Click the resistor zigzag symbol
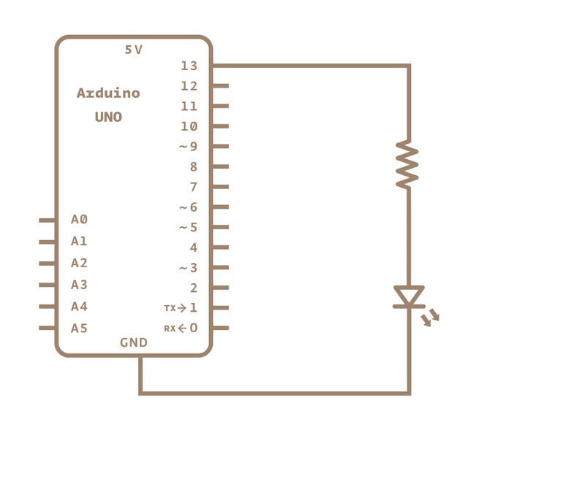tap(407, 165)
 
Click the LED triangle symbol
tap(409, 296)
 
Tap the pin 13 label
tap(189, 66)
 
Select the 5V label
tap(134, 50)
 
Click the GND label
tap(134, 342)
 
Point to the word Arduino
tap(108, 93)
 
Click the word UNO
tap(108, 117)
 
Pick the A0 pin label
tap(79, 219)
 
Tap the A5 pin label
tap(79, 329)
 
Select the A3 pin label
tap(79, 285)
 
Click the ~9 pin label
tap(188, 147)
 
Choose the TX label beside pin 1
tap(170, 309)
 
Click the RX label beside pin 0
tap(170, 329)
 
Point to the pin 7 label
tap(194, 187)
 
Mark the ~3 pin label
tap(188, 268)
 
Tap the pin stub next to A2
tap(48, 263)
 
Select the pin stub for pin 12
tap(220, 86)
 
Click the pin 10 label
tap(189, 126)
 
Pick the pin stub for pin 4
tap(220, 247)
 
